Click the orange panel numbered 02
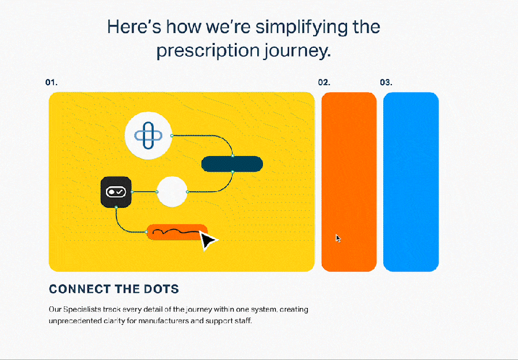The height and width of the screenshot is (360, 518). click(349, 182)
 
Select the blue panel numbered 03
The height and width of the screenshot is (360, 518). click(411, 182)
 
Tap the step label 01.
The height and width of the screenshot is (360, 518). click(51, 82)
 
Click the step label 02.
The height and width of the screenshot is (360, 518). click(324, 82)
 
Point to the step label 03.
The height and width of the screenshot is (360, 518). click(386, 82)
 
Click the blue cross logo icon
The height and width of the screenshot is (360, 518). click(148, 135)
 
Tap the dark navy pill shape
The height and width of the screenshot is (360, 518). click(233, 164)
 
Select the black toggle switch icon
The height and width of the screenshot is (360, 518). click(116, 192)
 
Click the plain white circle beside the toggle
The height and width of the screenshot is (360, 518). click(172, 192)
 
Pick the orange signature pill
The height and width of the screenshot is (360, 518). click(177, 232)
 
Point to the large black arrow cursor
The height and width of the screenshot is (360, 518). click(207, 241)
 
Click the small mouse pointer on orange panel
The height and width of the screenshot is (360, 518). click(338, 238)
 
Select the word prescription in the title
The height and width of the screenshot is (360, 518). click(208, 51)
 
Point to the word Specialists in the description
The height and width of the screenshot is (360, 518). click(82, 309)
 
